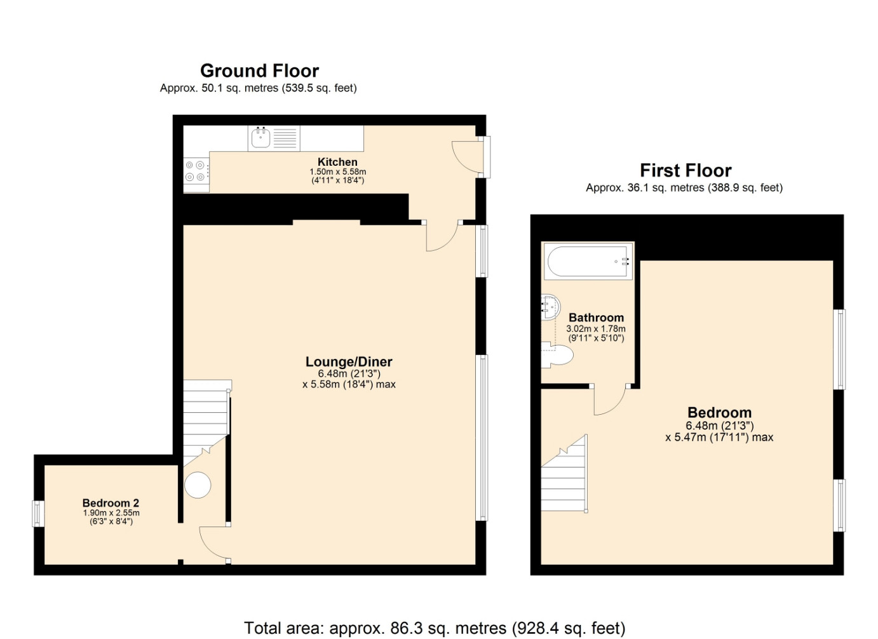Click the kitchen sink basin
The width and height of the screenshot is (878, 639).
(x=260, y=138)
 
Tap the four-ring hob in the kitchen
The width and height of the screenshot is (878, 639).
(x=196, y=171)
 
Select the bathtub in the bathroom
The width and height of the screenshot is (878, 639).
(x=588, y=261)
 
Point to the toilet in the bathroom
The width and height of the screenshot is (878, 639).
(x=557, y=355)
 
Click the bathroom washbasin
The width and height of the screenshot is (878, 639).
(x=551, y=307)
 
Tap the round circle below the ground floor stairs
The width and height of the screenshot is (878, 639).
(x=198, y=485)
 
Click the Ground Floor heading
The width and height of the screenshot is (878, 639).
(x=259, y=71)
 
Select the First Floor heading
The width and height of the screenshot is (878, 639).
(x=686, y=170)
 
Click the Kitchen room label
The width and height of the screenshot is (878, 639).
(x=337, y=162)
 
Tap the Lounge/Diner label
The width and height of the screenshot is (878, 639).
(x=349, y=361)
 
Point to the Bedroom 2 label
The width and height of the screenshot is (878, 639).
(x=111, y=502)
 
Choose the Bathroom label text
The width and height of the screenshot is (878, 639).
(x=596, y=318)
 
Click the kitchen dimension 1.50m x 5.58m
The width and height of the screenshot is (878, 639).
(x=338, y=172)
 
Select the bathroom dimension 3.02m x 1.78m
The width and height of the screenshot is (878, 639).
(x=596, y=328)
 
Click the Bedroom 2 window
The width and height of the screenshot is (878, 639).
(x=38, y=514)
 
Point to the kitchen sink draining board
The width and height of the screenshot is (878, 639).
(x=285, y=138)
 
